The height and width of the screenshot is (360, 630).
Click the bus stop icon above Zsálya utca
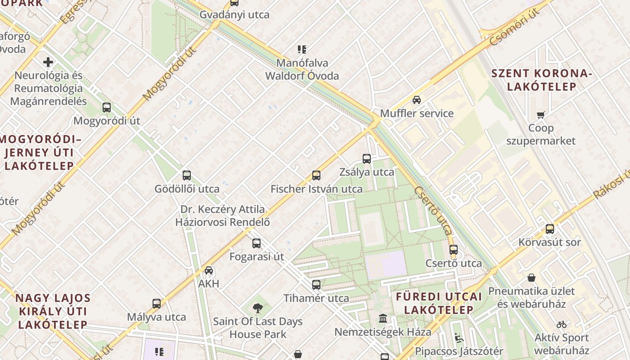[367, 158]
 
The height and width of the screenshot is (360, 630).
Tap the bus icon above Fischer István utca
[316, 175]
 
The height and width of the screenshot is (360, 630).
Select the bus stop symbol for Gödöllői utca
[187, 175]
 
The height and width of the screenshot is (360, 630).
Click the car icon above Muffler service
[417, 100]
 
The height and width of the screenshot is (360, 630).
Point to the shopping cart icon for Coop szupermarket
[540, 115]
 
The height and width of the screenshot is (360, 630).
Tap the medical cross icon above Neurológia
[48, 62]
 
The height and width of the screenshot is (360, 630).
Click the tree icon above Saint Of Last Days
[258, 308]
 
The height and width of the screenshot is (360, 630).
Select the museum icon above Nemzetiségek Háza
[383, 319]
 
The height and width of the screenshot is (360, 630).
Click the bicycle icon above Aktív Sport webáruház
[562, 324]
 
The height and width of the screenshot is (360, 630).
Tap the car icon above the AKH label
[209, 270]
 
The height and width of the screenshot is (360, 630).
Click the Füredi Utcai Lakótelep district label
[439, 303]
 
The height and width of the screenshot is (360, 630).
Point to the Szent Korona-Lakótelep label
[542, 80]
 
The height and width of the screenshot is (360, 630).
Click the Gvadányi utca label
[234, 14]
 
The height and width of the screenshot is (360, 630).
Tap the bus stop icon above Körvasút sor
[549, 229]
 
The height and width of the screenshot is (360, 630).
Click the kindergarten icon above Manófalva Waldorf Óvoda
[301, 49]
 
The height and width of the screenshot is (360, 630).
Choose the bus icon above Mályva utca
[157, 304]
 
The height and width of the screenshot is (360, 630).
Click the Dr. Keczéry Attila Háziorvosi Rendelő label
[223, 216]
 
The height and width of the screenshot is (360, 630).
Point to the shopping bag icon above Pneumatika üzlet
[531, 278]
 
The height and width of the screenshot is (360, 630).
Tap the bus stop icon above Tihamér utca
[316, 285]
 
